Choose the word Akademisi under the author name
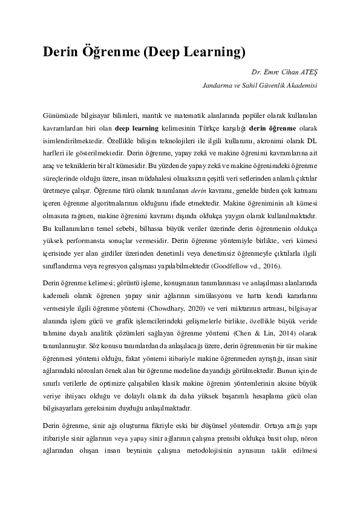tap(301, 86)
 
